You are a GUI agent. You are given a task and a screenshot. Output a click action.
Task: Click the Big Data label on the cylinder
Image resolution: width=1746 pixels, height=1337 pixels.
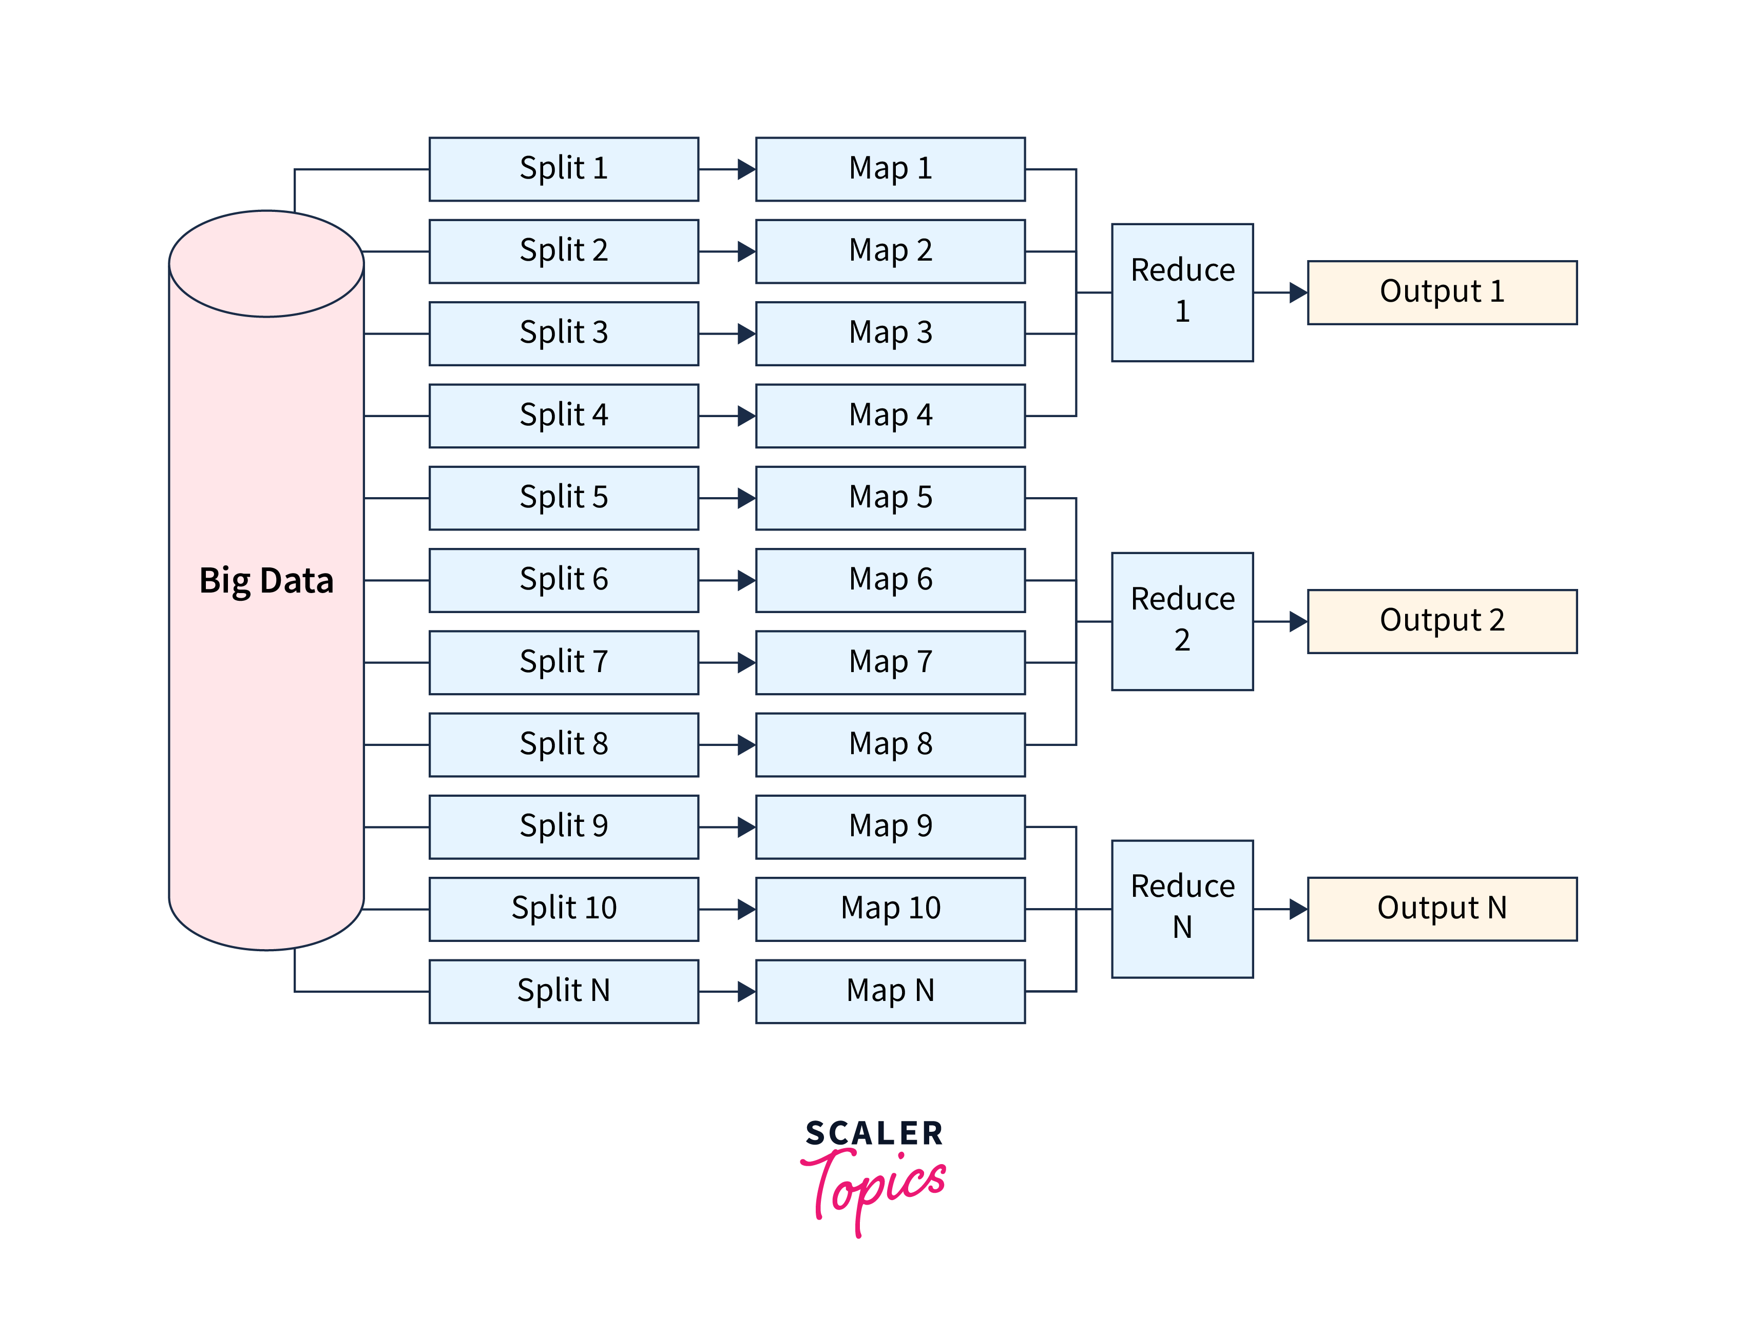266,580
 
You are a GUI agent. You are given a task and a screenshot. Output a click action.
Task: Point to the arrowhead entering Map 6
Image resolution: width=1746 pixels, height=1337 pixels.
746,580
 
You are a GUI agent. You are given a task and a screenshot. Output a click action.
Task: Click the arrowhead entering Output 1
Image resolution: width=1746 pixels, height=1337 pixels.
1298,292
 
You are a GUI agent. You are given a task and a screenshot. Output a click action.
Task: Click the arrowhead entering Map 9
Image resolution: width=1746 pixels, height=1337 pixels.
746,827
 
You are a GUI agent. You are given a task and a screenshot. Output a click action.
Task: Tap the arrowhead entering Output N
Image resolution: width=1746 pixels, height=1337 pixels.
1298,908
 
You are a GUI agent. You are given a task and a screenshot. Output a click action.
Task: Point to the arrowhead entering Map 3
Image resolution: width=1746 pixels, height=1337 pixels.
746,333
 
